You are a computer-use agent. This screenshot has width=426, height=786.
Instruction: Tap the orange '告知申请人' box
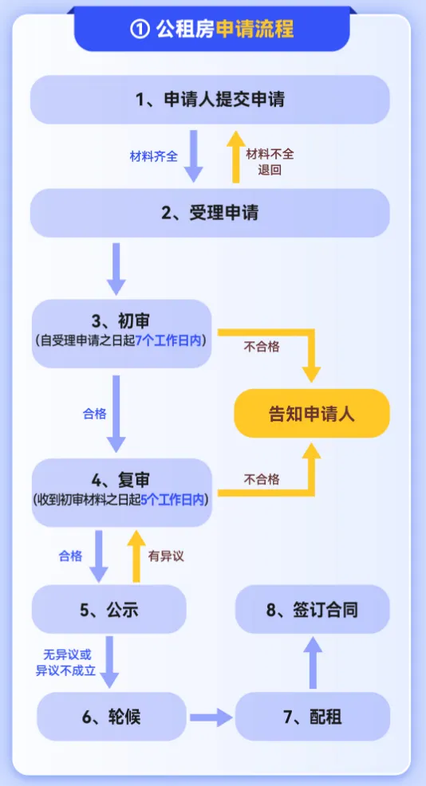click(x=311, y=414)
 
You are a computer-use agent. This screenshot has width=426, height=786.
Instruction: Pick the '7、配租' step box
click(x=313, y=716)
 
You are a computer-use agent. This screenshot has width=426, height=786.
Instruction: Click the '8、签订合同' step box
click(x=312, y=611)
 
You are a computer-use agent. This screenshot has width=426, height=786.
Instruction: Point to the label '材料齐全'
click(x=154, y=156)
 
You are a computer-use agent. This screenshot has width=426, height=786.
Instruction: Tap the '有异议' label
click(x=166, y=556)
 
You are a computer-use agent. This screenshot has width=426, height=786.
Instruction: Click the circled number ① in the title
click(x=139, y=29)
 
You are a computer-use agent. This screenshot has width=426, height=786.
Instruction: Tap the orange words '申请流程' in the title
click(x=254, y=29)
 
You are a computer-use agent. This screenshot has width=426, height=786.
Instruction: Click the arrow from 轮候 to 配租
click(x=211, y=717)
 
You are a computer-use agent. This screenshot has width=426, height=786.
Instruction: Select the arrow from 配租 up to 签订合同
click(x=313, y=663)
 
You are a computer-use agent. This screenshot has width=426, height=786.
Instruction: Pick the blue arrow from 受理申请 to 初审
click(x=116, y=269)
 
